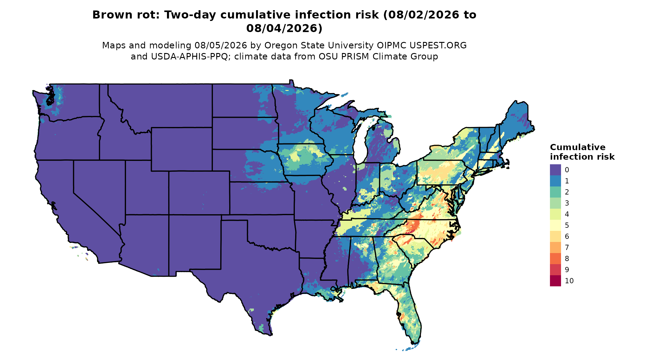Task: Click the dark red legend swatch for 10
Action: [x=555, y=281]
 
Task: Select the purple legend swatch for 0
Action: [x=555, y=170]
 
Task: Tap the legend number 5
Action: [x=567, y=225]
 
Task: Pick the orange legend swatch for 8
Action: [x=555, y=259]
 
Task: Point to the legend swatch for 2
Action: [x=555, y=192]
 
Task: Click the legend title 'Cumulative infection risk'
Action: [x=582, y=152]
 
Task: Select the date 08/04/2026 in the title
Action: [x=284, y=28]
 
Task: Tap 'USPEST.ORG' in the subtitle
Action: [x=438, y=46]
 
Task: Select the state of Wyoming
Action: [x=181, y=149]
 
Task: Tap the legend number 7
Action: [x=567, y=247]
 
